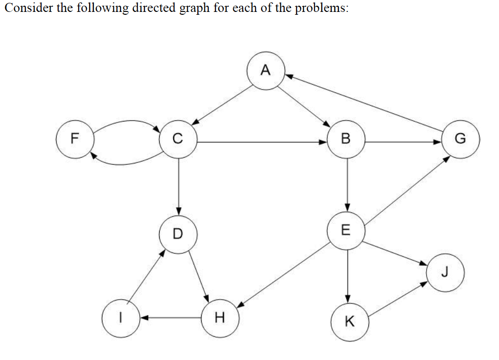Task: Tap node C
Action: pos(178,139)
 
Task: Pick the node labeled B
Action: pos(346,139)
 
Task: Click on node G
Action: pos(460,139)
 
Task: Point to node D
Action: pos(178,233)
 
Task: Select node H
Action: pos(220,317)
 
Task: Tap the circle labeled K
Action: pos(349,322)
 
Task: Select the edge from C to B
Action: pos(262,142)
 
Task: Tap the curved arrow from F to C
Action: pos(126,122)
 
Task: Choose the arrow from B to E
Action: pos(348,185)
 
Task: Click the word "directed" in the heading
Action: pos(158,9)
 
